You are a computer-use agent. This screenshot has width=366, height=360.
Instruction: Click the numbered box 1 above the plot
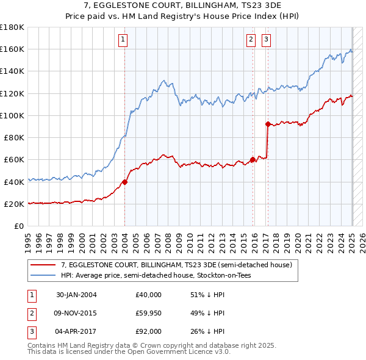pos(123,40)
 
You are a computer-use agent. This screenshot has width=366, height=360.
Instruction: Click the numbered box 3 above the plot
pos(267,40)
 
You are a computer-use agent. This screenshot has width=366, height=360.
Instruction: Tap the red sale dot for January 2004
pos(124,181)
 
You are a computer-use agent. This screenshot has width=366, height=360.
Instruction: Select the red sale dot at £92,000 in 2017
pos(268,124)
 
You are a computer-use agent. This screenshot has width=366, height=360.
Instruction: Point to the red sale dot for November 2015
pos(253,160)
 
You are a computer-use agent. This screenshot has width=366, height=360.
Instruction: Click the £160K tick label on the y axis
pos(12,49)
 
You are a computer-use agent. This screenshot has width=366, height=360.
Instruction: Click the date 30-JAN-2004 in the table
pos(76,294)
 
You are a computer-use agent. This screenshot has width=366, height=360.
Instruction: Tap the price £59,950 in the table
pos(148,313)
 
